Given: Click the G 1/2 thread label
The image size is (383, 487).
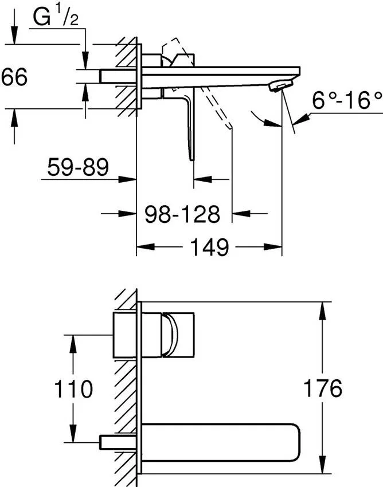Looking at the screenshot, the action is (x=56, y=18).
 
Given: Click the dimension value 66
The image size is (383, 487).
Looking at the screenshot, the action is (x=14, y=77).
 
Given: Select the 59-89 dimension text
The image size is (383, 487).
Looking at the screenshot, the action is (x=79, y=167).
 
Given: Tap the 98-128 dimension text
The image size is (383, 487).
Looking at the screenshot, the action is (x=182, y=214).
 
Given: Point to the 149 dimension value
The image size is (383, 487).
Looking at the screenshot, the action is (x=209, y=248).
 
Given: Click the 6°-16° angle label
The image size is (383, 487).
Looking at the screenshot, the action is (x=347, y=101).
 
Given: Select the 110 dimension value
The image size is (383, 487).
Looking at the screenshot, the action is (x=74, y=389).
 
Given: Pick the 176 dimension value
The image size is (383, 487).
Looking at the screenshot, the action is (x=322, y=388).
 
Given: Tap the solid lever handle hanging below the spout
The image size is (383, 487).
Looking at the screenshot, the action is (x=190, y=127).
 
